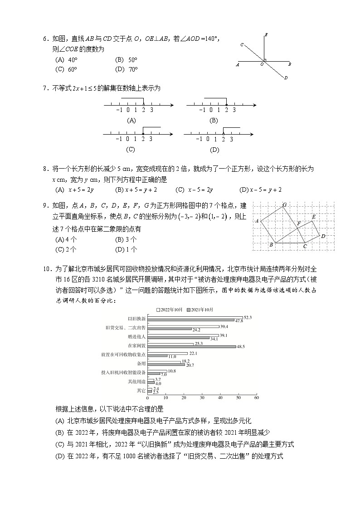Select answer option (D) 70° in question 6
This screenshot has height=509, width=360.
(126, 69)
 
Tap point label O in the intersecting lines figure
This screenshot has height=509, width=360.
(262, 65)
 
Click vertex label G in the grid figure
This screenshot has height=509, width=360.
(284, 205)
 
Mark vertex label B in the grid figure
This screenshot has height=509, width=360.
(271, 245)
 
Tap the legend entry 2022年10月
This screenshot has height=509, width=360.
(170, 310)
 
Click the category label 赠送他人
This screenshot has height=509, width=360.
(136, 337)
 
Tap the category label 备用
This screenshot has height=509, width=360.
(141, 363)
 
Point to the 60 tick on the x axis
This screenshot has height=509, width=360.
(256, 398)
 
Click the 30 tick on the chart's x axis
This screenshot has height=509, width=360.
(202, 398)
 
